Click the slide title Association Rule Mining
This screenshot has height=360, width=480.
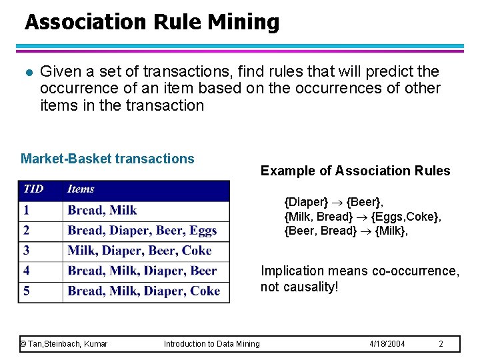[152, 23]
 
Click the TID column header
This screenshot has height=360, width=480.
[33, 189]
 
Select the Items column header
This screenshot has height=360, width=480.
[81, 189]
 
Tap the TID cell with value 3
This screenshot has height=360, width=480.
[27, 251]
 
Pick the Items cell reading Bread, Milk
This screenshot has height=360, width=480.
[102, 210]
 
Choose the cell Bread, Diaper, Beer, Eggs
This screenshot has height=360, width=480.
[142, 231]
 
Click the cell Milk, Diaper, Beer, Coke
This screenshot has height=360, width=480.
[139, 251]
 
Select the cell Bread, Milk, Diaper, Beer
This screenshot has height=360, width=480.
[142, 271]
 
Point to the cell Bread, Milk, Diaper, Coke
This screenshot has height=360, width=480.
[143, 291]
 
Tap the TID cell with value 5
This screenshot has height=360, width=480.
[27, 291]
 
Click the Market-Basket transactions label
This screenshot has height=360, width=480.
[107, 159]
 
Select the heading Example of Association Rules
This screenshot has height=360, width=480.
[355, 171]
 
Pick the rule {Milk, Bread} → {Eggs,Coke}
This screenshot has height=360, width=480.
[363, 217]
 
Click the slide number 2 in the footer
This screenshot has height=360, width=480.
[441, 344]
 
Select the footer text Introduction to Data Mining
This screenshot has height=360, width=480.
[212, 344]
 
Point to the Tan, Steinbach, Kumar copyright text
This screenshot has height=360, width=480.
[64, 344]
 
